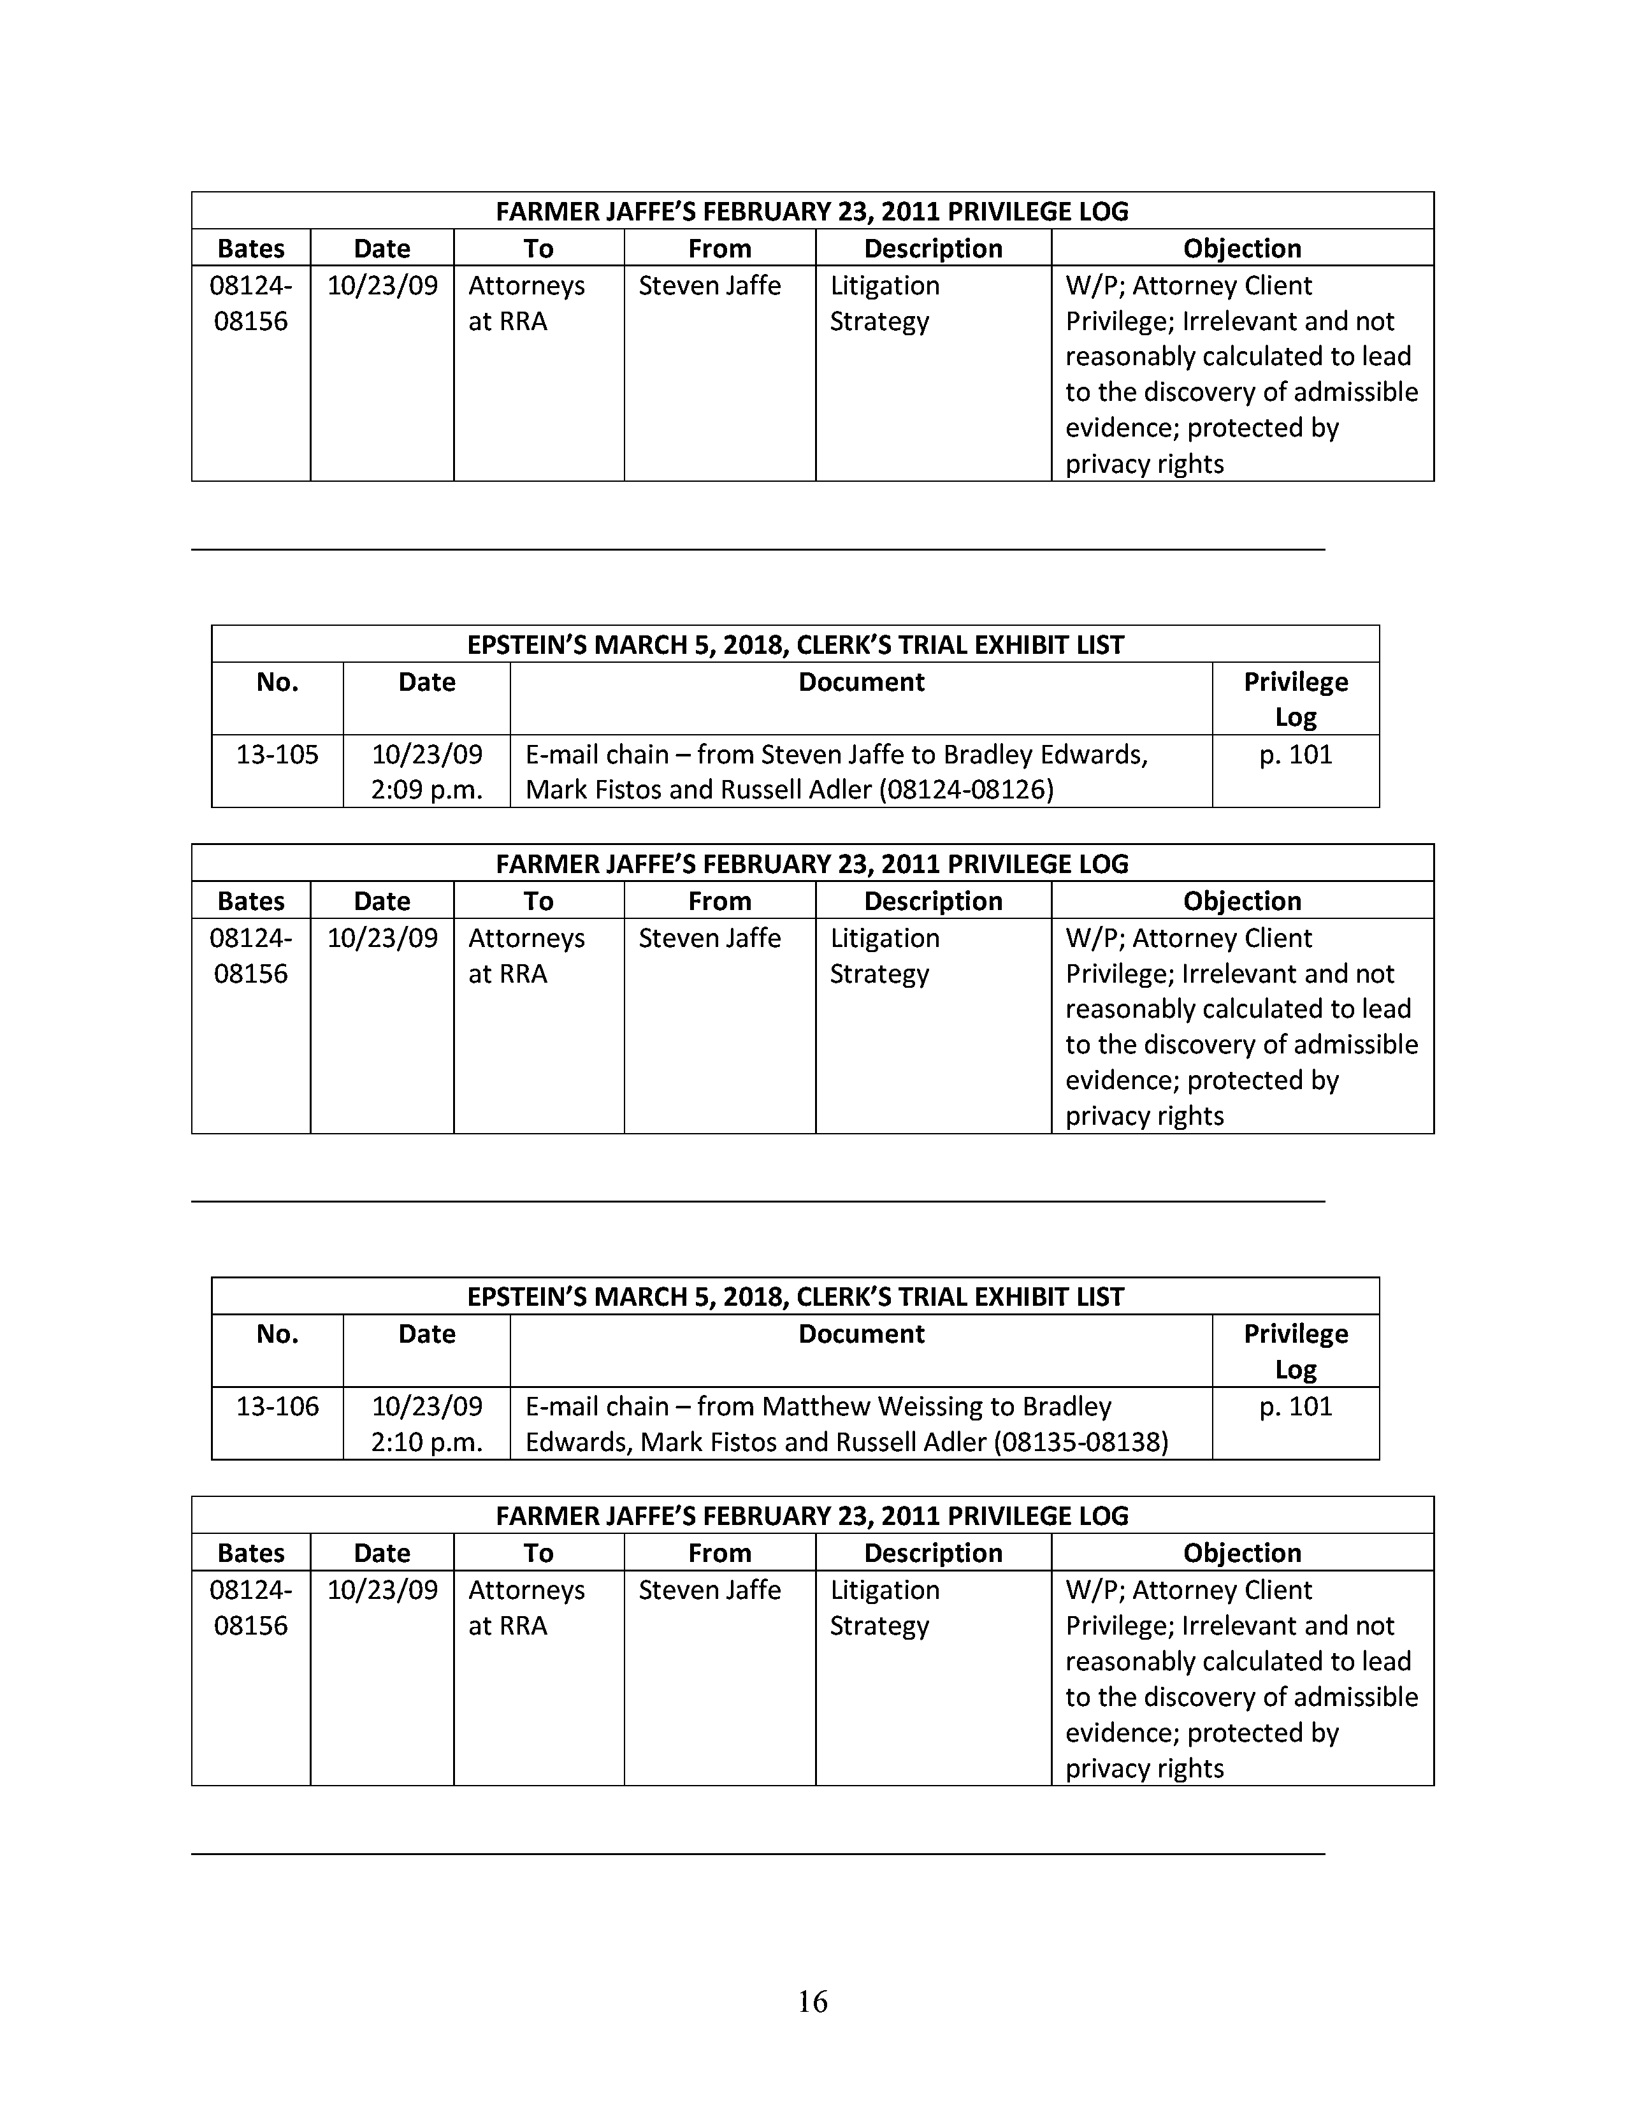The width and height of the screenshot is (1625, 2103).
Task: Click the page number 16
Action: pos(812,2002)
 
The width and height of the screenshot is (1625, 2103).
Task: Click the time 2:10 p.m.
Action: pos(426,1442)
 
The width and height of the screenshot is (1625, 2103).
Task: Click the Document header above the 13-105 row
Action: pos(862,683)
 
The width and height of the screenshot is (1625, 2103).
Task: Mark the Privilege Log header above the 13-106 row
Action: pos(1296,1351)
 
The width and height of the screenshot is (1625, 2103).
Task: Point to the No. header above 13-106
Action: pos(277,1334)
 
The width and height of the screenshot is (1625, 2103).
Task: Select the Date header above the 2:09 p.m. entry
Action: pos(426,683)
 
